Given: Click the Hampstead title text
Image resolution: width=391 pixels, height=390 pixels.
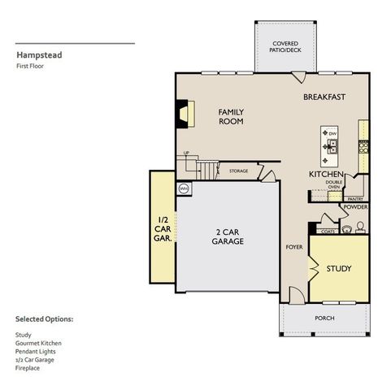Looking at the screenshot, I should (x=37, y=57).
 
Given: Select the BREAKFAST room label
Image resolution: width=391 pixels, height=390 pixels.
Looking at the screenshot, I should (x=324, y=97).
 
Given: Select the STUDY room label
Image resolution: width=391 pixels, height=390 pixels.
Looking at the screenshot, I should (x=339, y=268).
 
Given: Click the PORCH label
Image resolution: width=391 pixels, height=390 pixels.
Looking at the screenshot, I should (x=324, y=318).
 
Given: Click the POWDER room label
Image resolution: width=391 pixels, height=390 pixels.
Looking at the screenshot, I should (x=355, y=207).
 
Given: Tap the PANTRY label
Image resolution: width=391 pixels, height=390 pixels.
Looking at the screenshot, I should (x=354, y=198).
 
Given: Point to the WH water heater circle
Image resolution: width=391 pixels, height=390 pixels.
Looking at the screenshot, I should (x=183, y=188).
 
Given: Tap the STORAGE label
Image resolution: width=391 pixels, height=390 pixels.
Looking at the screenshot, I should (x=238, y=171).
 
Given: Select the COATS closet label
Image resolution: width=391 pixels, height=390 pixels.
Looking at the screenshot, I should (x=328, y=232).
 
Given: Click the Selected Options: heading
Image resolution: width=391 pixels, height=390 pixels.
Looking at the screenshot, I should (x=44, y=319).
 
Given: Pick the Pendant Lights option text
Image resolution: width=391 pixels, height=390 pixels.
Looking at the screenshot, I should (x=33, y=351).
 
